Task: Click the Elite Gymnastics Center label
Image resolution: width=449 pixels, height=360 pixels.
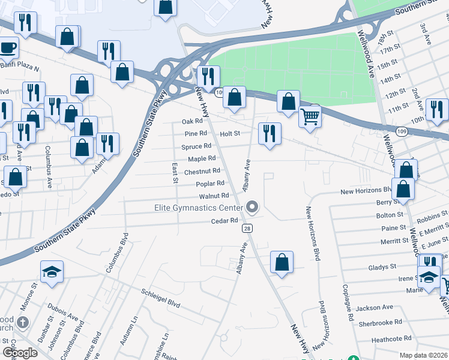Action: click(197, 208)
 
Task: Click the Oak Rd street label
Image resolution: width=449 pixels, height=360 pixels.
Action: click(193, 121)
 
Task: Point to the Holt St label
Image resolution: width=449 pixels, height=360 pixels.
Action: click(230, 133)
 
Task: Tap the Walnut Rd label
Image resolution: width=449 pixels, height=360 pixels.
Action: click(214, 196)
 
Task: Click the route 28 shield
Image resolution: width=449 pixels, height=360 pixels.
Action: click(247, 229)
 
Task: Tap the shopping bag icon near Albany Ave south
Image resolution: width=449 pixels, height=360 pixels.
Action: click(282, 262)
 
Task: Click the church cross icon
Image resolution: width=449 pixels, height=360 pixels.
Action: click(23, 323)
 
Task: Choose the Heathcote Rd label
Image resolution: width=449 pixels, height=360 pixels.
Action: click(391, 339)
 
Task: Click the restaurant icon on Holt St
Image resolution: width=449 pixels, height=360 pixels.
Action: click(270, 133)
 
